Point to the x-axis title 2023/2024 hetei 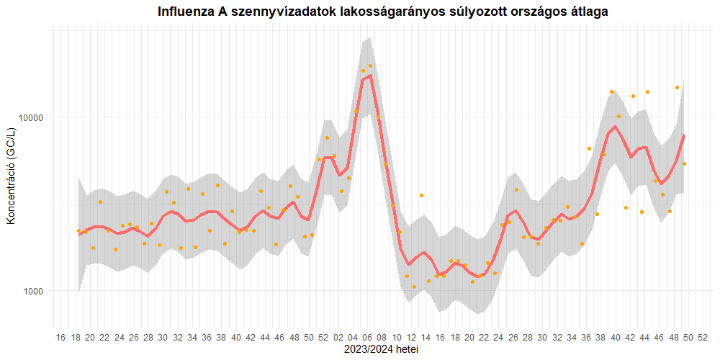tap(382, 350)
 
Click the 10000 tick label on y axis tap(31, 117)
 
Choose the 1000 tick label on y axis tap(34, 291)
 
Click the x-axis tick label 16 tap(60, 338)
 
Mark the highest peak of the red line tap(370, 75)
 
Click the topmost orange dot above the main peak tap(370, 66)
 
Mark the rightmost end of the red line tap(684, 135)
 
